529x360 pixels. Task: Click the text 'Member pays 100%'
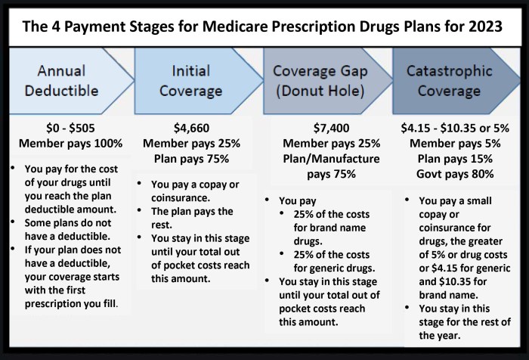70,142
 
